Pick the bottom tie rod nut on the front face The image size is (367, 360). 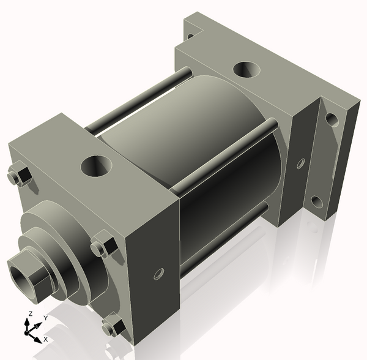click(114, 326)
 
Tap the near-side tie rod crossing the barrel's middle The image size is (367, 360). click(220, 156)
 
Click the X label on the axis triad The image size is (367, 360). click(46, 339)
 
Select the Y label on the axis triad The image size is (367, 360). click(45, 318)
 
